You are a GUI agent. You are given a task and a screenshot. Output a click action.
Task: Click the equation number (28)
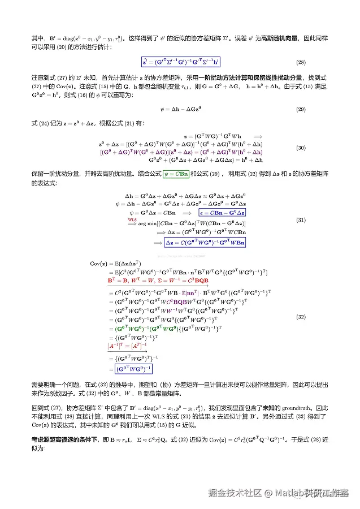pyautogui.click(x=301, y=62)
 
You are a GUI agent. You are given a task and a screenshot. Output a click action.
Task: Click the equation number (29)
pyautogui.click(x=301, y=109)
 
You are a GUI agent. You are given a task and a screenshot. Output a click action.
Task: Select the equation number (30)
pyautogui.click(x=301, y=148)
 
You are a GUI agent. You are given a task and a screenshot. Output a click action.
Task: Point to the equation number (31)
pyautogui.click(x=301, y=219)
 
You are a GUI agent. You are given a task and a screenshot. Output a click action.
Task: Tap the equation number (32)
pyautogui.click(x=301, y=317)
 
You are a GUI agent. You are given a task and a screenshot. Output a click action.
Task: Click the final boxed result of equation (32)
pyautogui.click(x=134, y=369)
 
